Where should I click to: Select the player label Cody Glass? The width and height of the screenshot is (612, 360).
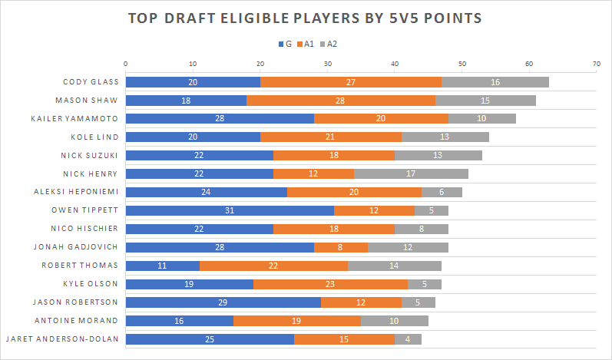pyautogui.click(x=91, y=81)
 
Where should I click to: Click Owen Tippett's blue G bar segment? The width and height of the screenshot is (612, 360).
pyautogui.click(x=230, y=210)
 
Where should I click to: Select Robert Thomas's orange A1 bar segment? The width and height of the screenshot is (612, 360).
pyautogui.click(x=273, y=266)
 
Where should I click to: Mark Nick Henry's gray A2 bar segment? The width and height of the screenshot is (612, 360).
pyautogui.click(x=411, y=173)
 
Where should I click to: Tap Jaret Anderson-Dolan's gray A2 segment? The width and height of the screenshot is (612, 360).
pyautogui.click(x=408, y=339)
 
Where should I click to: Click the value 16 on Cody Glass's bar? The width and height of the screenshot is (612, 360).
pyautogui.click(x=495, y=81)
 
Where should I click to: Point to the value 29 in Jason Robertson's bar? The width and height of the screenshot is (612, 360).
pyautogui.click(x=223, y=302)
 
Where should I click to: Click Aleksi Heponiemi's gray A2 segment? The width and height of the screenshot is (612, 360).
pyautogui.click(x=442, y=192)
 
